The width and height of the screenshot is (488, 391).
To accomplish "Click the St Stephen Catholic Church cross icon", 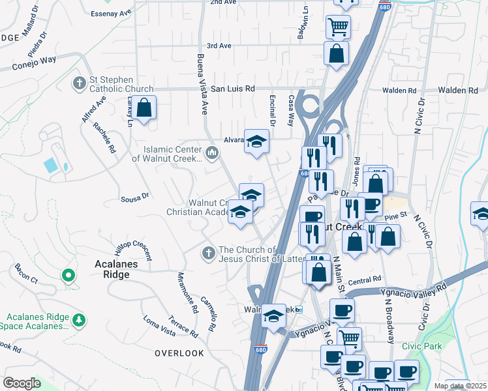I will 79,83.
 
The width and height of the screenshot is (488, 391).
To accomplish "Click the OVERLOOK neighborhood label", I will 179,353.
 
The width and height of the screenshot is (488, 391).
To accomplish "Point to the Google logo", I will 22,383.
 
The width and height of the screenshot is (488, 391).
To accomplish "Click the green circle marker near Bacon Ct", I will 68,276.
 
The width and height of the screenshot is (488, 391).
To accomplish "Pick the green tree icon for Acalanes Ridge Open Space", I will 79,320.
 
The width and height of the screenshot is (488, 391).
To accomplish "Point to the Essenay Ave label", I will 113,14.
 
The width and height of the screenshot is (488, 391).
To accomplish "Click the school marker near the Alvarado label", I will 257,141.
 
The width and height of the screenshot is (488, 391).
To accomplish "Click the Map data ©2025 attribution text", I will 461,386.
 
